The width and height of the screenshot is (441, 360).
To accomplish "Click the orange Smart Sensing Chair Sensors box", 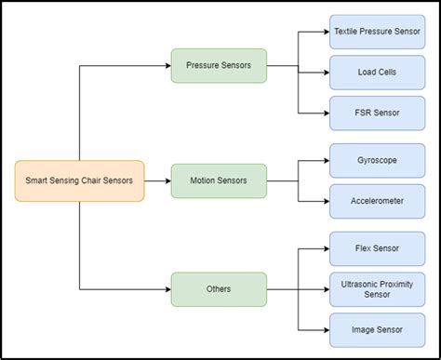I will [x=79, y=180].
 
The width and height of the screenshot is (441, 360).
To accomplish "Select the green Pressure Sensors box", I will [x=219, y=66].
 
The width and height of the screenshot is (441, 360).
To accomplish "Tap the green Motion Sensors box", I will [x=219, y=180].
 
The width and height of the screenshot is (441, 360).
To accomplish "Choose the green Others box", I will [x=219, y=289].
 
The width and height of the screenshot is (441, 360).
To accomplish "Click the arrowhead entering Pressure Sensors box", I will [x=167, y=66].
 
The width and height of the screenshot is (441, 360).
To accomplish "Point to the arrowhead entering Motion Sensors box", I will [x=167, y=180].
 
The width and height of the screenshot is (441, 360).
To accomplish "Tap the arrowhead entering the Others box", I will [x=167, y=289].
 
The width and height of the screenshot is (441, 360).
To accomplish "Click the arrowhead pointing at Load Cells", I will [x=325, y=72].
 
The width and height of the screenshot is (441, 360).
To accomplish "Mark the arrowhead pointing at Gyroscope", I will [x=325, y=160].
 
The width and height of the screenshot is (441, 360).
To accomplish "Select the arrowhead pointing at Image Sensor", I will [x=325, y=329].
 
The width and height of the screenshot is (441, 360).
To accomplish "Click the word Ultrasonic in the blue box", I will [x=359, y=283].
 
